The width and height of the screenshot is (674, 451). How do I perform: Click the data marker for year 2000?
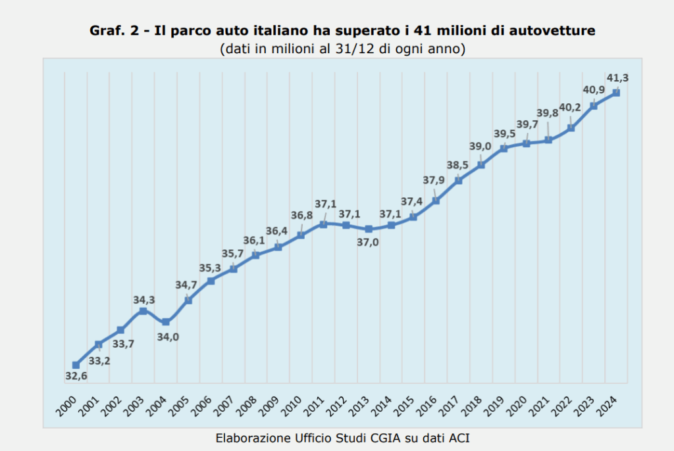76,365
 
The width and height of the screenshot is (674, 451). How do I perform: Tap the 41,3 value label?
617,78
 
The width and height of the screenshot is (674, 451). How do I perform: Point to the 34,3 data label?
144,300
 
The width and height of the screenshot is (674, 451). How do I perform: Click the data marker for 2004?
166,321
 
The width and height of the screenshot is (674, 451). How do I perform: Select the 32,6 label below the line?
76,376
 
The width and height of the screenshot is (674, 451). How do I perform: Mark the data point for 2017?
459,180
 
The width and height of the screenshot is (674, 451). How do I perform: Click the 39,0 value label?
480,147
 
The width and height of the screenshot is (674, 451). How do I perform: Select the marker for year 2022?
571,128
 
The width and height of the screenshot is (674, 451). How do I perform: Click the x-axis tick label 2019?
498,402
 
